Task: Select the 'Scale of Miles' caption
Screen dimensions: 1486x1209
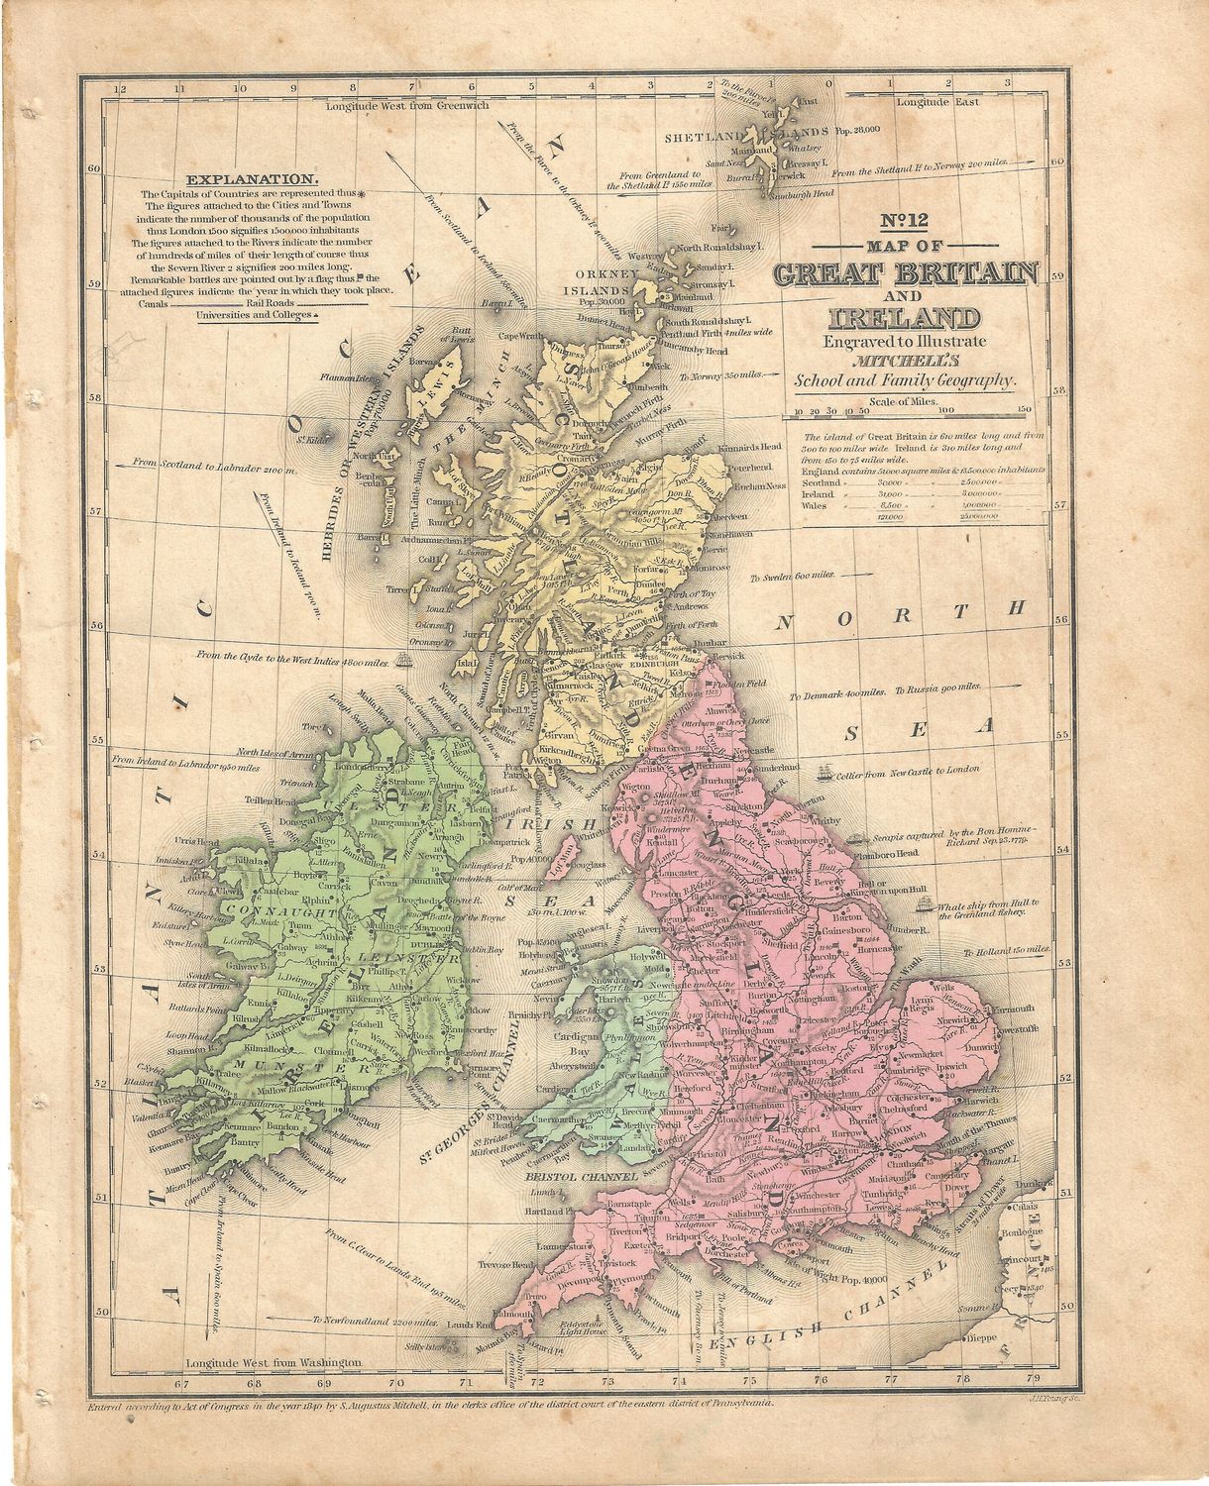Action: [904, 400]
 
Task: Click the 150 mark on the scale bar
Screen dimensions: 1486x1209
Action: [1024, 408]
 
